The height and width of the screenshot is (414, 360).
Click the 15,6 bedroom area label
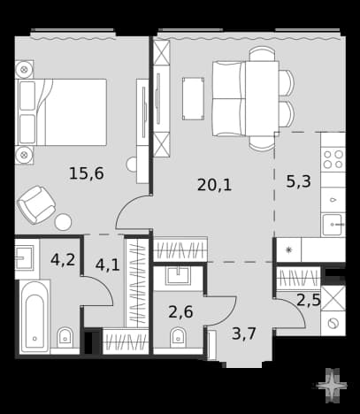coord(86,173)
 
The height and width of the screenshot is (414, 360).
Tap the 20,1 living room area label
coord(214,185)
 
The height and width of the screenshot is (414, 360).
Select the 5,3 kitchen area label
coord(298,181)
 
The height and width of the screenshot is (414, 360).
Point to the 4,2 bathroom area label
coord(63,260)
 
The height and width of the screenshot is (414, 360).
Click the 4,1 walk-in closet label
coord(107,264)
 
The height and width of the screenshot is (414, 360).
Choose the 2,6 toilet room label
coord(180,311)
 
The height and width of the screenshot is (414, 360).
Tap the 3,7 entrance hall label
coord(243,333)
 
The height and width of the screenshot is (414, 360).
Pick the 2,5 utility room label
coord(309,300)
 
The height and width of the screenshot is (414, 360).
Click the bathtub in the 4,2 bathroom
coord(34,317)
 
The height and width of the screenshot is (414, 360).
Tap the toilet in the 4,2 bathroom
coord(65,338)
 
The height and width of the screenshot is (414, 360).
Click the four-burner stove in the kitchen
coord(333,159)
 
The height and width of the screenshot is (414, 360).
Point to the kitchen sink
coord(333,225)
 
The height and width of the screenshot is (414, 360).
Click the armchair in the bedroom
coord(36,204)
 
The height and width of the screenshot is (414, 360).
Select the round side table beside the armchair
coord(63,222)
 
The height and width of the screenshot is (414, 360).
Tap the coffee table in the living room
coord(193,99)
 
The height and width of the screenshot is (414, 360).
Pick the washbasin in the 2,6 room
coord(178,276)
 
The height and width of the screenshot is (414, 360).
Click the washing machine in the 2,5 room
coord(333,324)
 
